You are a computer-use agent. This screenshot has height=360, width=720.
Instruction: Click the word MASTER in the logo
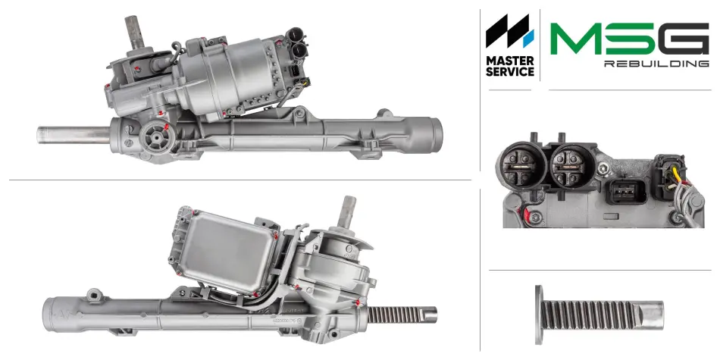point(510,61)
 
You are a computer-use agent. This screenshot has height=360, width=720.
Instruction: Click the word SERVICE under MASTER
point(510,72)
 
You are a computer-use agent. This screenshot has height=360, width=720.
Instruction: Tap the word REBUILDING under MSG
point(656,64)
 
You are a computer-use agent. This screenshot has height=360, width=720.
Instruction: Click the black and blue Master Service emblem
point(510,31)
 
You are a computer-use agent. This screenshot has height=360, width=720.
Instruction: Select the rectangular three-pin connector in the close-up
point(626,191)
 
